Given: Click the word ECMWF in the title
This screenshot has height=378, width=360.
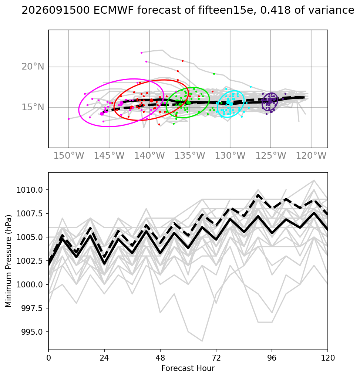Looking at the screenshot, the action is coord(113,10).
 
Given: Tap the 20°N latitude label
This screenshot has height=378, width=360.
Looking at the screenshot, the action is coord(33,67).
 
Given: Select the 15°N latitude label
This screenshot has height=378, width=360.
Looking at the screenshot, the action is coord(33,107).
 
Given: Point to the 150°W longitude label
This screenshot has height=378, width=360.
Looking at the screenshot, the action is coord(69,156).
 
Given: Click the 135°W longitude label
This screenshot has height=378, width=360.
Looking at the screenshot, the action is coord(190,156).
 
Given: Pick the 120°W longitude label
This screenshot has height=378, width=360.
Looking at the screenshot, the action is coord(311,156).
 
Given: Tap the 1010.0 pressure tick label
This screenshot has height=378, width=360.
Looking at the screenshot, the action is coord(30,190).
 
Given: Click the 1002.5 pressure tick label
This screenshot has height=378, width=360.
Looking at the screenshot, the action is coord(30,261).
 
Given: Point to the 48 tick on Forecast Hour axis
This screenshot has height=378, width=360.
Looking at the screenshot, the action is coord(160,358).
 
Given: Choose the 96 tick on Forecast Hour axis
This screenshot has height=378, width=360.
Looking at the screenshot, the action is coord(272,358).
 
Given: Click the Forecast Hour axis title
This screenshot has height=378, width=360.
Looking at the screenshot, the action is coord(188,368).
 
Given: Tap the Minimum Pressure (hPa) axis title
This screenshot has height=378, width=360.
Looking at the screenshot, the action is coord(9,261).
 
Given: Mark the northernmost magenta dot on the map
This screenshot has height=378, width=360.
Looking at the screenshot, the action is coord(142,53).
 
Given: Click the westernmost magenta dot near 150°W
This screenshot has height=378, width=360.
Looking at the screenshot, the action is coord(69,119).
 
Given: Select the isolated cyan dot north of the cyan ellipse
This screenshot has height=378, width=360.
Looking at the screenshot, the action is coord(251,87).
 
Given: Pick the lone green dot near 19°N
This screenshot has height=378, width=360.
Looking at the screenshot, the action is coord(214,74).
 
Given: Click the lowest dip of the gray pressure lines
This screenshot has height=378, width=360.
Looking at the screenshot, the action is coord(202,341).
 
